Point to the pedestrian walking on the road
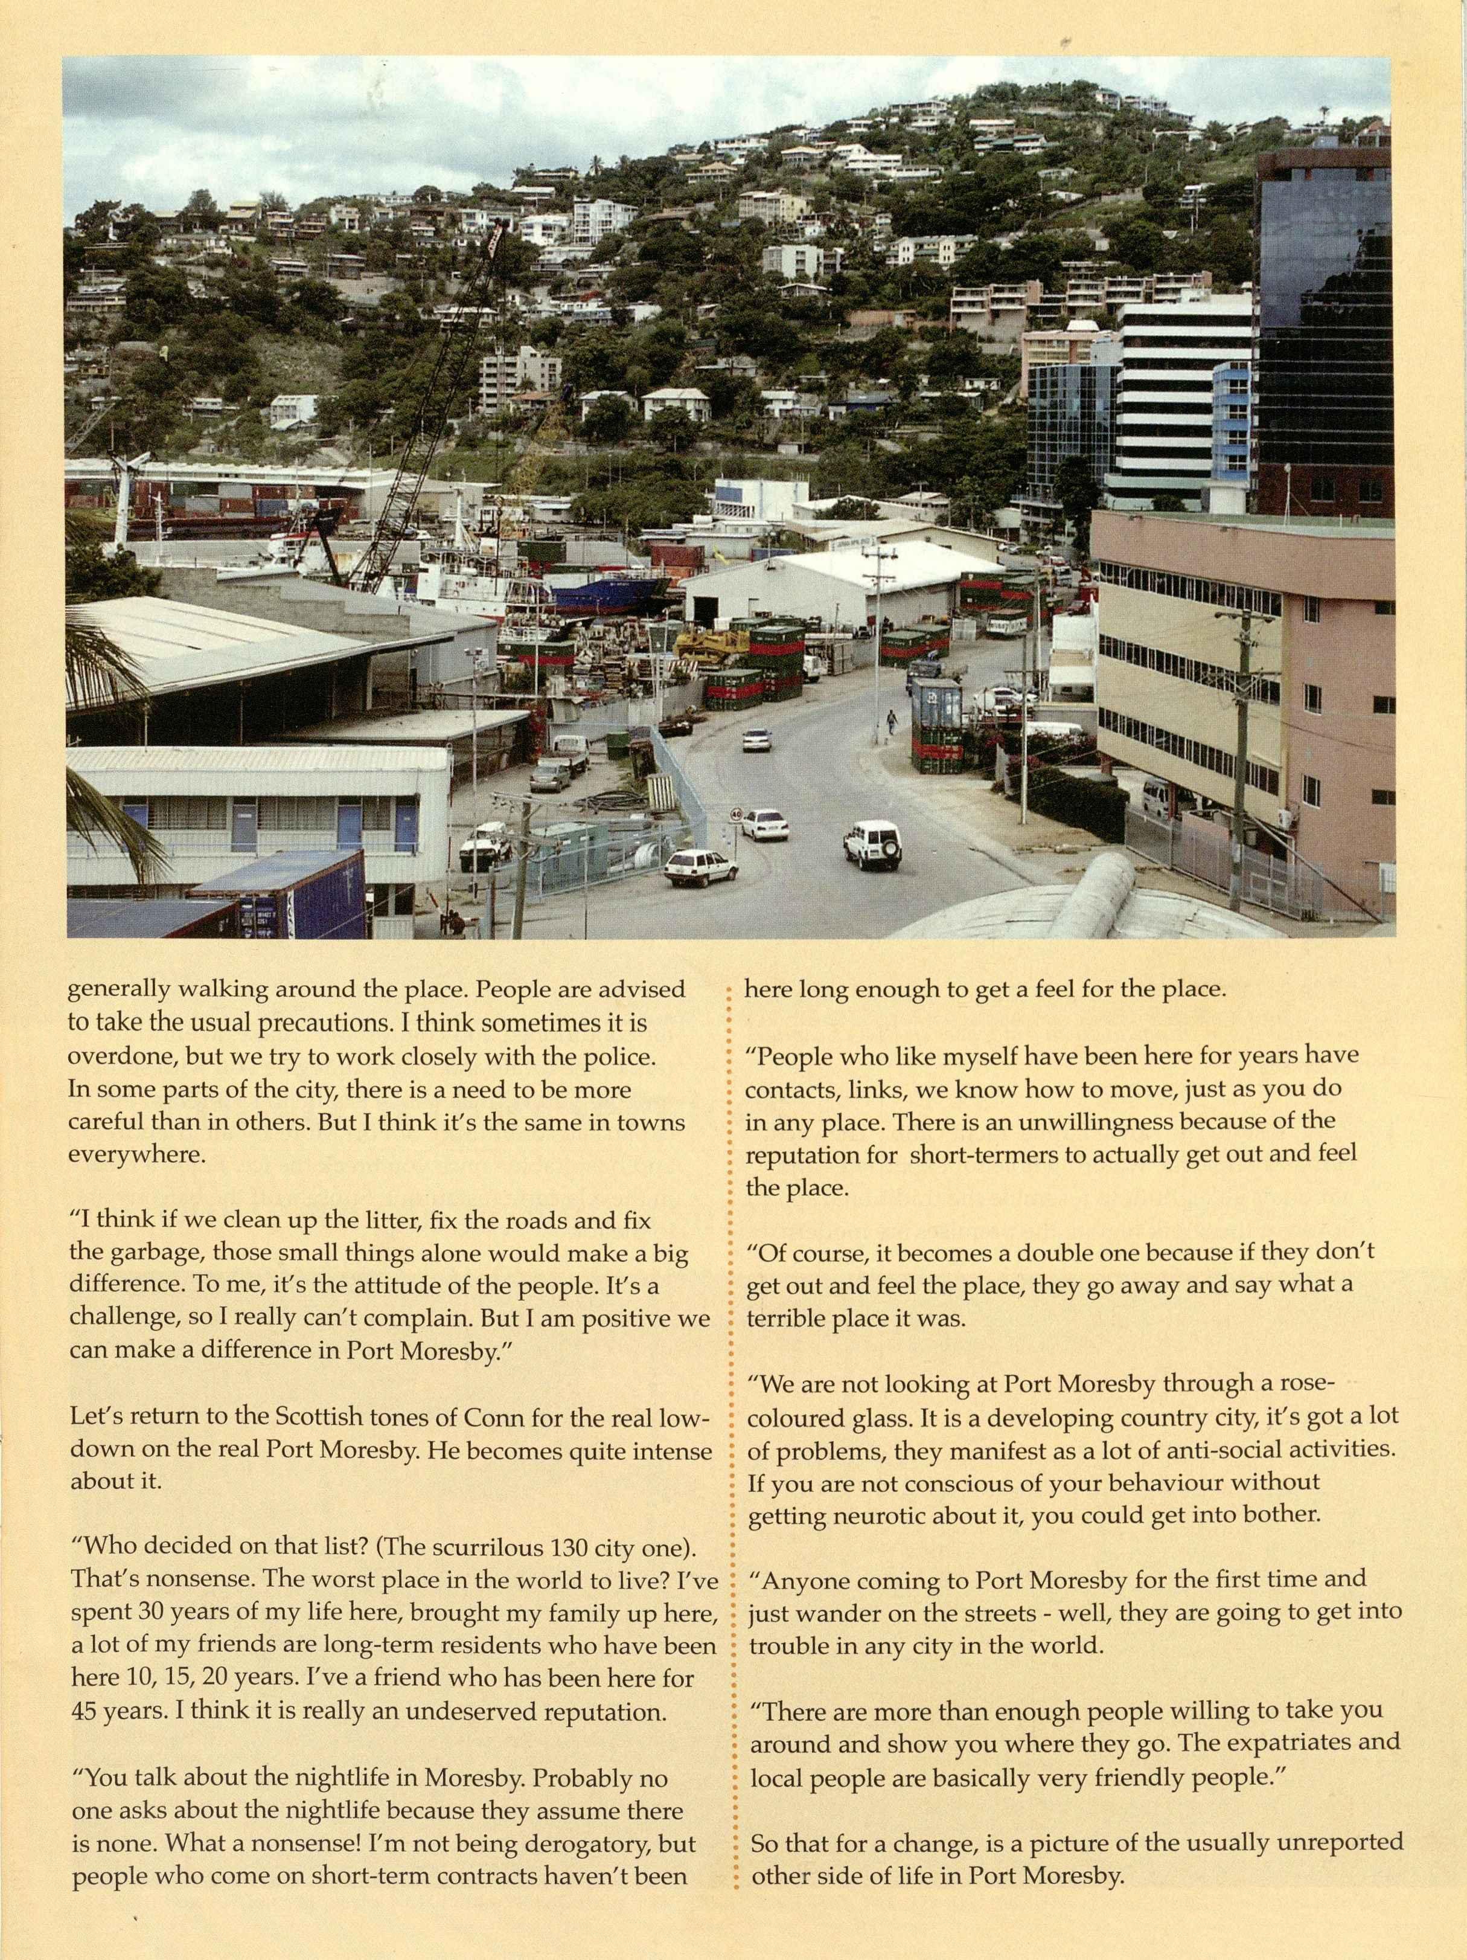tap(891, 722)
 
